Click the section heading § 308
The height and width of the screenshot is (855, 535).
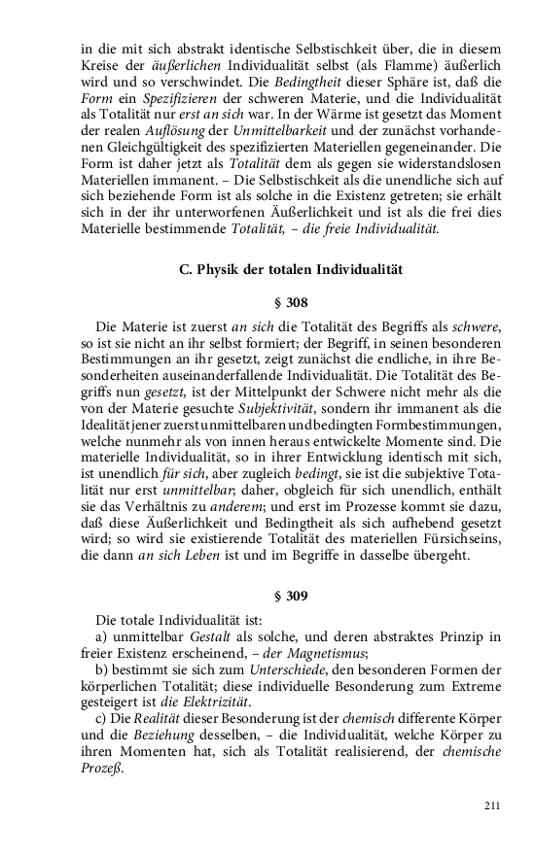tap(291, 302)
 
